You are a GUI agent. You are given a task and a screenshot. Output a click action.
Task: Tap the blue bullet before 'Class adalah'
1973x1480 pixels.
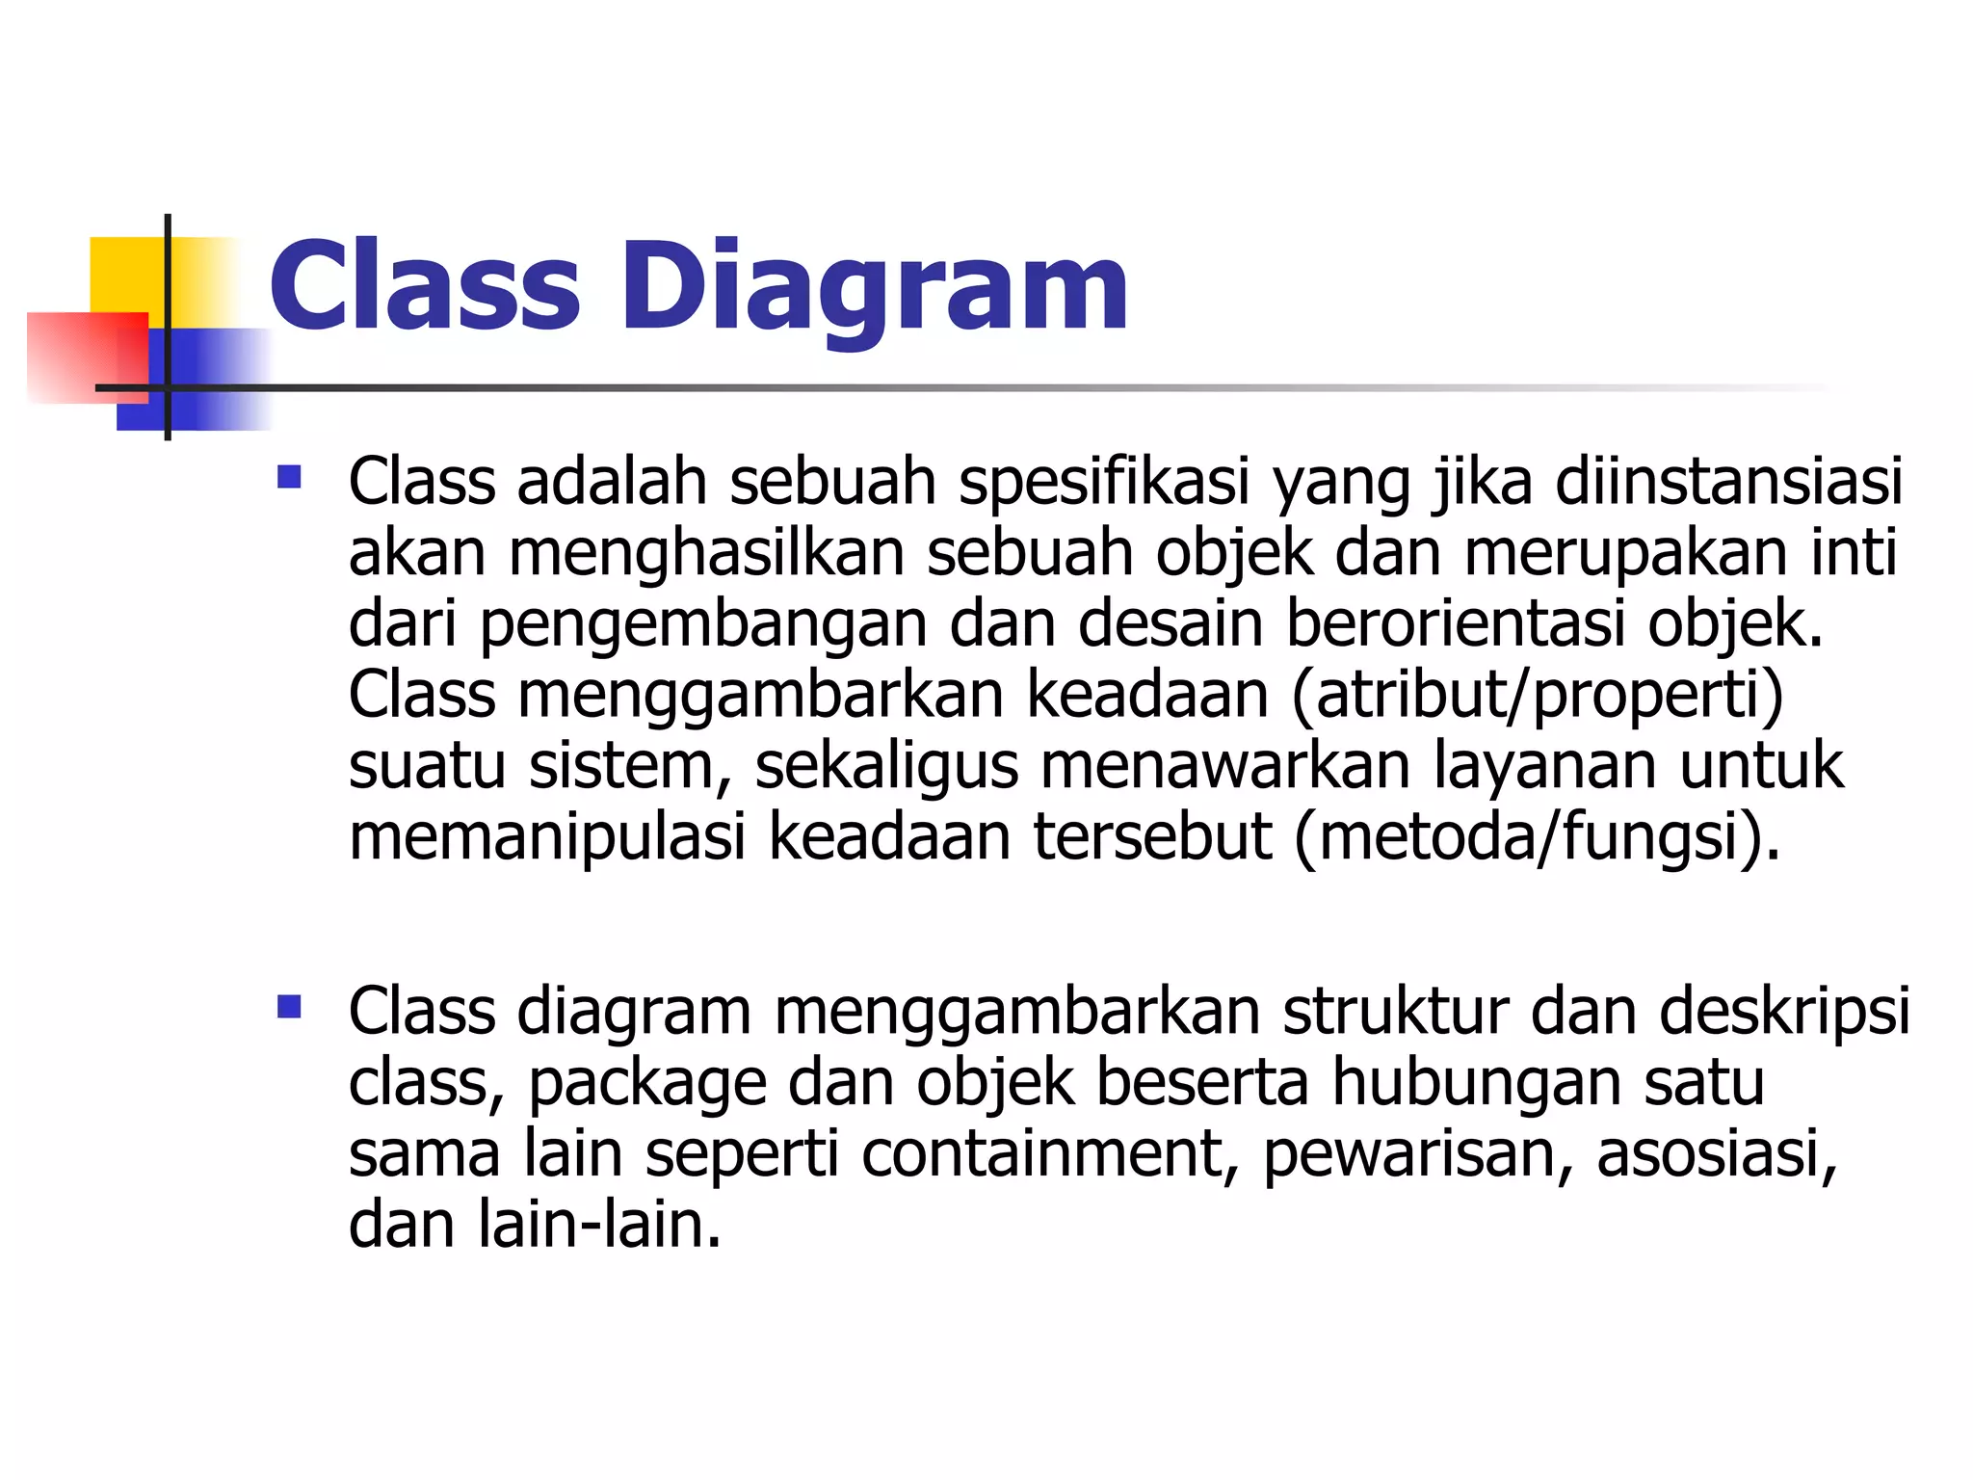[x=289, y=477]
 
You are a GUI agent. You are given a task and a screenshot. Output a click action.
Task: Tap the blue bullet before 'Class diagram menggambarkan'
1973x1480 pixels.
[x=289, y=1007]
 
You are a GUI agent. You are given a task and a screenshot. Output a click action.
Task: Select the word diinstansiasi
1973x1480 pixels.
[x=1729, y=481]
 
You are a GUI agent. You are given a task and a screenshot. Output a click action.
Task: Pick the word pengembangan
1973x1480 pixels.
[x=704, y=625]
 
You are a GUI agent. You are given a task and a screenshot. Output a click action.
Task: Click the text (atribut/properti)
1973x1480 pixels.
[x=1538, y=696]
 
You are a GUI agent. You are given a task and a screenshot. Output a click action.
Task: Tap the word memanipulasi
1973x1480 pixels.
[x=547, y=837]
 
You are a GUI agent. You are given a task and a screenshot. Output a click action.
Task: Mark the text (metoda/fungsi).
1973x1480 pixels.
[x=1538, y=837]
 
